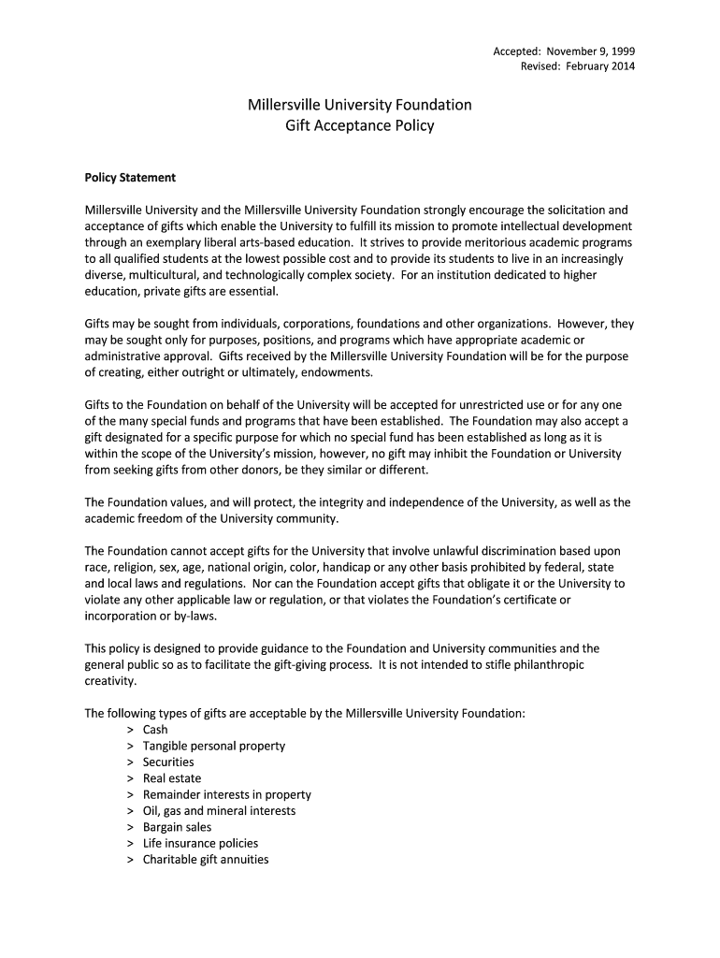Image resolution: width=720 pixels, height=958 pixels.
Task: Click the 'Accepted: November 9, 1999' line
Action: click(564, 51)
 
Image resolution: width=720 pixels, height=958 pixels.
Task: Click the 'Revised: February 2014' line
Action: click(577, 66)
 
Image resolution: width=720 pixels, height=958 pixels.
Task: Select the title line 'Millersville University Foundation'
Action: click(359, 105)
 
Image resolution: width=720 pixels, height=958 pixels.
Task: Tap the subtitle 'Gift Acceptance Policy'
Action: click(359, 125)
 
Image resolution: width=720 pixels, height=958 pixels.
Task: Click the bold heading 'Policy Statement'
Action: click(130, 177)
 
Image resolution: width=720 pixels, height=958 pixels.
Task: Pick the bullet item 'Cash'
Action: click(155, 730)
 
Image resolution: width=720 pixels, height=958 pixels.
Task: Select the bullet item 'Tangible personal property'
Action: click(213, 746)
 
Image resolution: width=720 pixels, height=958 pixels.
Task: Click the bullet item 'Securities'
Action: click(168, 762)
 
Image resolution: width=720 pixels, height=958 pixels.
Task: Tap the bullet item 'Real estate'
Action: click(171, 778)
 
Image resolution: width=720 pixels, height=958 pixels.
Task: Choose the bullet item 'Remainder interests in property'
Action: click(226, 794)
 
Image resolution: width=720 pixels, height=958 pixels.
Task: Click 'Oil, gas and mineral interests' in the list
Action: click(219, 810)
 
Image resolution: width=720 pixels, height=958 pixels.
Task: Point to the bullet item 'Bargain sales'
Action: click(177, 827)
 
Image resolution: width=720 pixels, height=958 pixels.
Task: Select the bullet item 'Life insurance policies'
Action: click(200, 843)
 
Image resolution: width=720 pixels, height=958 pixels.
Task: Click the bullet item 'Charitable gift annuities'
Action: click(205, 859)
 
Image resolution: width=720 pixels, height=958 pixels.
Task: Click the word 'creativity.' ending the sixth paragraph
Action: click(110, 680)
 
